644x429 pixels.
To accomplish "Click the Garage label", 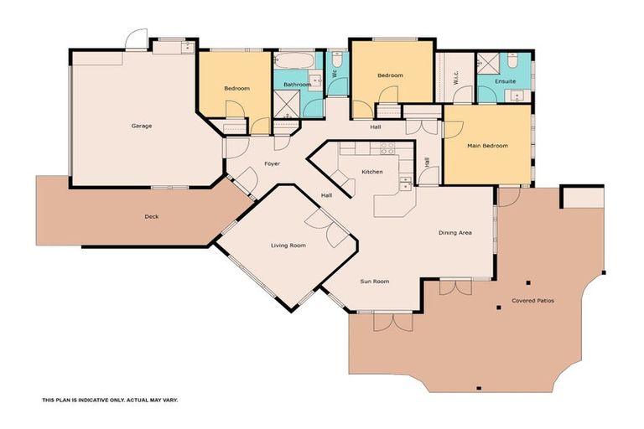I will (x=141, y=126).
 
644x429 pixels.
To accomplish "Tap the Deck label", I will (x=151, y=216).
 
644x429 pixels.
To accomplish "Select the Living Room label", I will (x=288, y=246).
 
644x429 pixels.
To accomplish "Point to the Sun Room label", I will (x=375, y=282).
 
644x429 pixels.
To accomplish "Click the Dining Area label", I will (x=454, y=232).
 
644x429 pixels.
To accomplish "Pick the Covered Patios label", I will (x=532, y=300).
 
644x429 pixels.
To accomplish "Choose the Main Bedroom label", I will (x=487, y=146).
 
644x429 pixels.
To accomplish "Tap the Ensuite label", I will (x=506, y=81).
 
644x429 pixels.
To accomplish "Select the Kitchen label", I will (x=372, y=172).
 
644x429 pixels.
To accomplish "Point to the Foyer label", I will (x=272, y=163).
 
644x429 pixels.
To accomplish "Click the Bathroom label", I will (x=297, y=85).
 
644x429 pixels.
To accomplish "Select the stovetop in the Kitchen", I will (x=387, y=148).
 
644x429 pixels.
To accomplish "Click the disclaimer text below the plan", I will (x=110, y=401).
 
